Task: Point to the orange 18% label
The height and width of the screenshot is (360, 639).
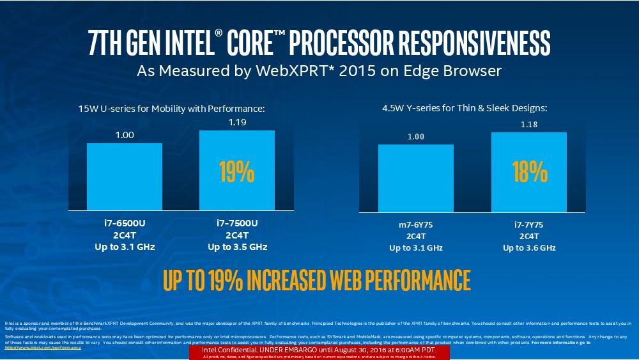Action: [529, 172]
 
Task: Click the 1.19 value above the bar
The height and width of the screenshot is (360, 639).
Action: [237, 122]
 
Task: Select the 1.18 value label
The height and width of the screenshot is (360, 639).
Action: [529, 124]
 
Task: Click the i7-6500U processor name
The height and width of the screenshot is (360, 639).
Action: [125, 223]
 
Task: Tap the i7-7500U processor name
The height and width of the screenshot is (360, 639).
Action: [237, 223]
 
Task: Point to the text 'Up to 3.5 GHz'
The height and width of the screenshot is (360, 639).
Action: [237, 247]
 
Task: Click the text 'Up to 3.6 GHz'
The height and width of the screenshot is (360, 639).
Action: [529, 247]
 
